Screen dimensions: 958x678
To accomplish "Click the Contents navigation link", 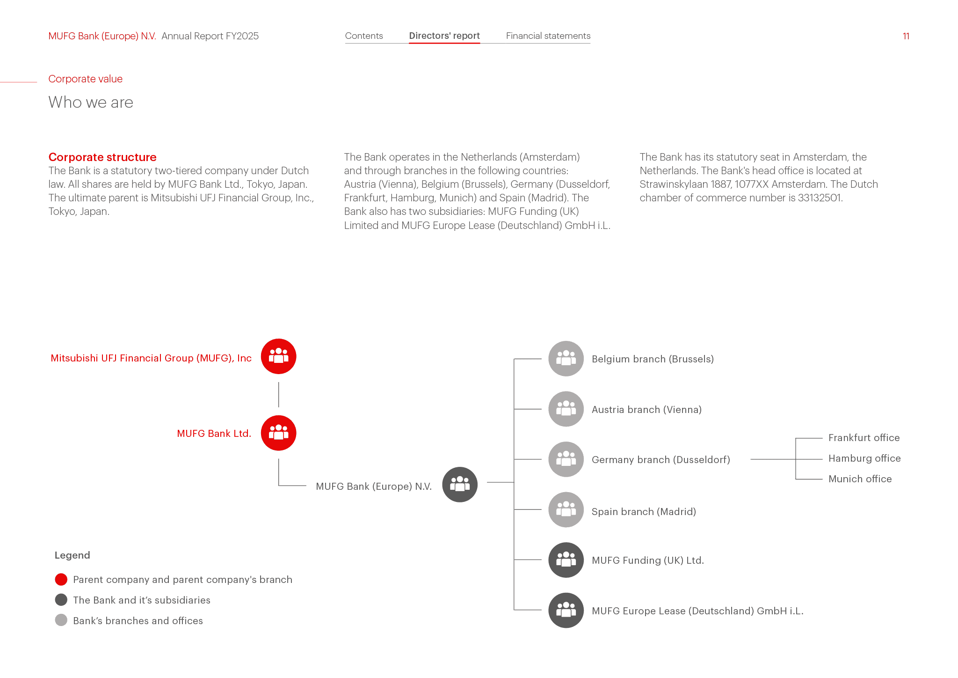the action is point(364,36).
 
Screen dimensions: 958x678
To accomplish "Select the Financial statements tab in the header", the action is point(548,36).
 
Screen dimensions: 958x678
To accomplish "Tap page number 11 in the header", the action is point(906,36).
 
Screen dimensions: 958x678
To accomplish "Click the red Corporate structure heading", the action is point(102,157).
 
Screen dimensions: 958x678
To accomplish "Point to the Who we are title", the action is point(91,102).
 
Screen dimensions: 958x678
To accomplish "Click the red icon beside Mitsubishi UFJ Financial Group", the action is point(279,356).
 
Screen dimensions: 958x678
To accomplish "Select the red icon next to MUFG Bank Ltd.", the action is point(279,433).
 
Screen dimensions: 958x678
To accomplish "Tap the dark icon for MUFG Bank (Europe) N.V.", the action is point(460,485).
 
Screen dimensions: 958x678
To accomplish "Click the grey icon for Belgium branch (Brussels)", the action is point(566,359).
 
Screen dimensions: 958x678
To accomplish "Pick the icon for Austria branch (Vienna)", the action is point(566,409).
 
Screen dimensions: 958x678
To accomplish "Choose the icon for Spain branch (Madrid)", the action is point(566,510).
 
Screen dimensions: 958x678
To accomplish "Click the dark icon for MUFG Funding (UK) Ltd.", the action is point(566,560).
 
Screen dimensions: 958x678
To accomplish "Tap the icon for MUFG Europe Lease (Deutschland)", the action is point(566,611).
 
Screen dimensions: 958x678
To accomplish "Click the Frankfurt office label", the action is point(864,438).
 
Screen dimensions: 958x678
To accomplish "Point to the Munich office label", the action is point(860,479).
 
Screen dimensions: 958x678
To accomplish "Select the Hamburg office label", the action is point(864,458).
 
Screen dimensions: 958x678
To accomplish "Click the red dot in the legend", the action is point(61,580).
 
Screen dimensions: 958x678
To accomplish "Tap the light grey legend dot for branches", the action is point(61,620).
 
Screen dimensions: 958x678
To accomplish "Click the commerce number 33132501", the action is point(820,198).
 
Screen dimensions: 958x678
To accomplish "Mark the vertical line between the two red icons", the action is point(279,395).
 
